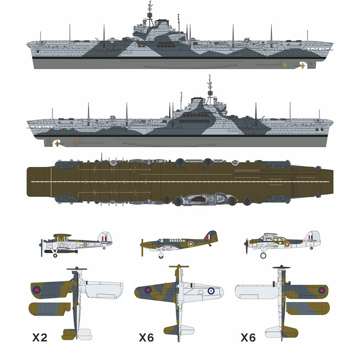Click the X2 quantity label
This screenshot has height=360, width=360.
point(43,337)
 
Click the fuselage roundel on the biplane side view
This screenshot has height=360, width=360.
point(85,244)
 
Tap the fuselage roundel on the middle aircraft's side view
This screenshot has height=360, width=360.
point(190,244)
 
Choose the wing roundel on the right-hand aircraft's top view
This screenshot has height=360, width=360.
point(321,290)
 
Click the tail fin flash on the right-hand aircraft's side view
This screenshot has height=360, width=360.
point(310,237)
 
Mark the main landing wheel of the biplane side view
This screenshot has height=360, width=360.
point(55,255)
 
